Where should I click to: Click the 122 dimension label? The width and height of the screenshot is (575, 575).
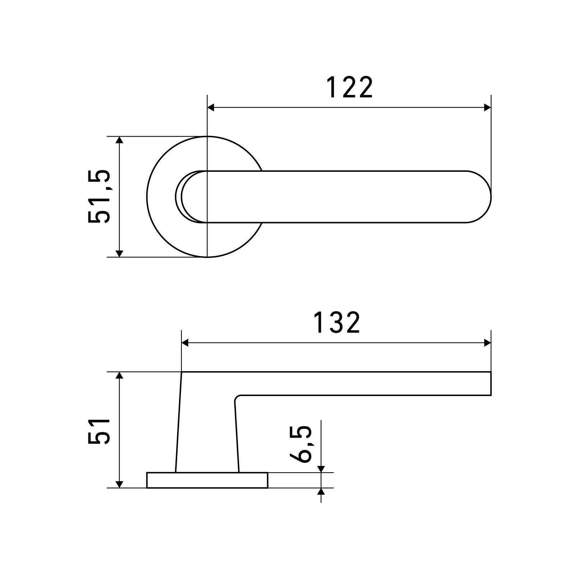(349, 88)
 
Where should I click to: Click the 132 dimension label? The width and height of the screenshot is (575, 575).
(336, 322)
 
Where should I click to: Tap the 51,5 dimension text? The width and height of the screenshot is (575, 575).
(99, 197)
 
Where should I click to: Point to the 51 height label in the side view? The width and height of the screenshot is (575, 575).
(99, 431)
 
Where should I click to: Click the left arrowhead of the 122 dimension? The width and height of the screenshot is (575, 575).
(211, 107)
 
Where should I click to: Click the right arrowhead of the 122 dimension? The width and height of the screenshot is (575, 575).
(487, 107)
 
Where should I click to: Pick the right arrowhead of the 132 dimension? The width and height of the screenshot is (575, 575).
(487, 343)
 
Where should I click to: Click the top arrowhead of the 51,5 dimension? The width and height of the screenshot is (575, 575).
(120, 140)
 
